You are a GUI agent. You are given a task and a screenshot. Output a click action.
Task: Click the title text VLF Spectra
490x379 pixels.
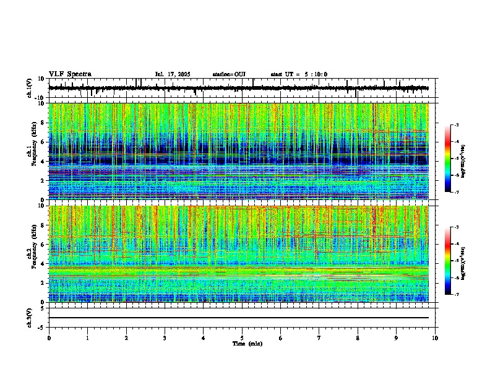coord(70,74)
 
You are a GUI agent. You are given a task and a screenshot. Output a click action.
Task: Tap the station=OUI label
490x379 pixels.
coord(229,74)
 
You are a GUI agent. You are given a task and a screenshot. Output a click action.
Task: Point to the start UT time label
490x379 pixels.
coord(299,74)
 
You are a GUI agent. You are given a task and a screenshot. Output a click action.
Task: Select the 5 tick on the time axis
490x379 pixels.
coord(242,338)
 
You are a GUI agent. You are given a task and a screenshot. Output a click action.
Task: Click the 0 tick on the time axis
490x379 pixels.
coord(49,338)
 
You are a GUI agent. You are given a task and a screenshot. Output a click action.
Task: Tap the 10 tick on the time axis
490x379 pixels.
coord(435,338)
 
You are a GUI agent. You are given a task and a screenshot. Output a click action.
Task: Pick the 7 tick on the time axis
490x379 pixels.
coord(319,338)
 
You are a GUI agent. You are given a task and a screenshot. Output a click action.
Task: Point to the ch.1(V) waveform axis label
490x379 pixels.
coord(30,88)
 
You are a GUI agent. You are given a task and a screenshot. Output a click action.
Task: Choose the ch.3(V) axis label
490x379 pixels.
coord(30,317)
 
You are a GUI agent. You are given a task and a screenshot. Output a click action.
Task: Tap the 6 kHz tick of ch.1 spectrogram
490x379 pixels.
coord(44,142)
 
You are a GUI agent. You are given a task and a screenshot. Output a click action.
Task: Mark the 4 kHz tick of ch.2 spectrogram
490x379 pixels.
coord(44,264)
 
